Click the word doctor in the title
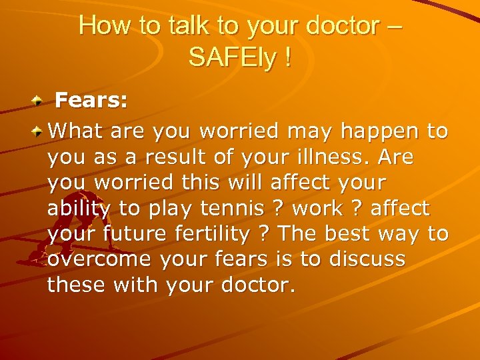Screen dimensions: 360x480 (342, 26)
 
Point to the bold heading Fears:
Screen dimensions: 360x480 (91, 101)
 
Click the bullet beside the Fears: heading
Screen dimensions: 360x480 (39, 101)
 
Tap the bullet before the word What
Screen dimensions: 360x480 (39, 131)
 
